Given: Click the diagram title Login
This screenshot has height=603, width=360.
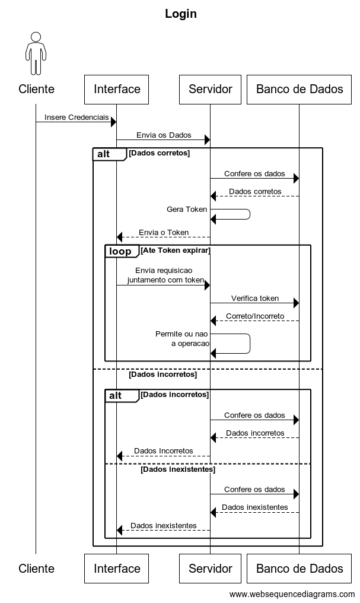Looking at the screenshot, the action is (181, 14).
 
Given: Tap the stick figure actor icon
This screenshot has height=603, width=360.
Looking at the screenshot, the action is (36, 53).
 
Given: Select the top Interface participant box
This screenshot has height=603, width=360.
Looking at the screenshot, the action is (116, 90).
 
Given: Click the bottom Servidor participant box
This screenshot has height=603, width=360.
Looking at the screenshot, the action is (210, 569).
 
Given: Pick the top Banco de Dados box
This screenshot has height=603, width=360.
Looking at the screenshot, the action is (299, 90).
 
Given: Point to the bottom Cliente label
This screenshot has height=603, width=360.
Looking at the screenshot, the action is (37, 569).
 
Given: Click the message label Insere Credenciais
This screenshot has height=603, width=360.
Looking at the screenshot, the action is (77, 118).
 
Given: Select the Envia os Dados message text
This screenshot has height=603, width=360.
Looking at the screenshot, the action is (164, 135).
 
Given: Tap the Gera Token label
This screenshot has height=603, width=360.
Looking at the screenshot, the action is (187, 209).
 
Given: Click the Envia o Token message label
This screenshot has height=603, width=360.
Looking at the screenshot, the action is (164, 232).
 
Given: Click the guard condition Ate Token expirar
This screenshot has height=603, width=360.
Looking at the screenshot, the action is (176, 250).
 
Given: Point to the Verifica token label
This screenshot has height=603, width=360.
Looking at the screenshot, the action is (255, 298).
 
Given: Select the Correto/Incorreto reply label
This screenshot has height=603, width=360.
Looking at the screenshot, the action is (255, 316).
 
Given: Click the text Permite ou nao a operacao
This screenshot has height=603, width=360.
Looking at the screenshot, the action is (182, 338).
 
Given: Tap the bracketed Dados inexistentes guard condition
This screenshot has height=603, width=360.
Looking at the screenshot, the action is (178, 469).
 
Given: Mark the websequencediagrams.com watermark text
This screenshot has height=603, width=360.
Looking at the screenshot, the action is (292, 594).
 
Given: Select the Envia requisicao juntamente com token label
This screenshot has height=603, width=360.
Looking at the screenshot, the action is (165, 275).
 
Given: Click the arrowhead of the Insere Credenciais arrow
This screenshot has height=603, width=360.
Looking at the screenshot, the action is (114, 122).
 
